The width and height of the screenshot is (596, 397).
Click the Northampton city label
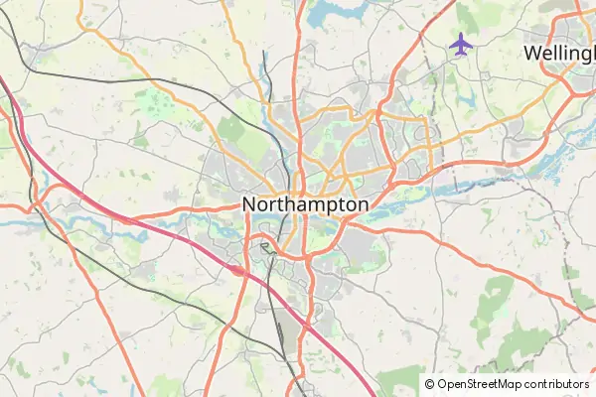pos(305,204)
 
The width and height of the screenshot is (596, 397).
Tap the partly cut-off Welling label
pos(558,52)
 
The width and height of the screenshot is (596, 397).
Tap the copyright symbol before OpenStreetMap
pos(429,383)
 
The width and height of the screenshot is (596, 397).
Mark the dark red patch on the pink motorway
pos(237,268)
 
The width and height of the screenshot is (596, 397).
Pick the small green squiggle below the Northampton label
pos(265,245)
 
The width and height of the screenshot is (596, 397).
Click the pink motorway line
pos(149,228)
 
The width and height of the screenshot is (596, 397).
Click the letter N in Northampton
pos(250,204)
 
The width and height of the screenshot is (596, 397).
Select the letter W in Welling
pos(533,52)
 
